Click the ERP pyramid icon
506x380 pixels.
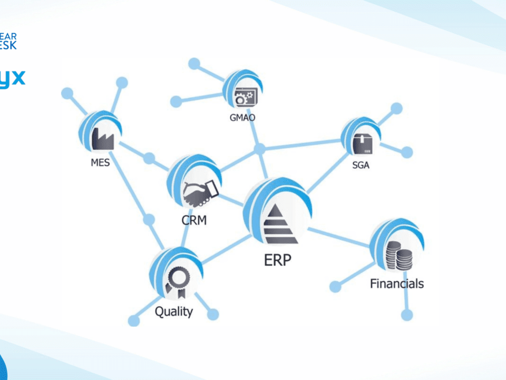coord(280,224)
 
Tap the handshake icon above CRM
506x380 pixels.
coord(200,193)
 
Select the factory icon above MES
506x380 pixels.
coord(102,139)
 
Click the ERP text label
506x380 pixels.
coord(278,260)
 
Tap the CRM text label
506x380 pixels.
coord(194,220)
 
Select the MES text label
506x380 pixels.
coord(100,163)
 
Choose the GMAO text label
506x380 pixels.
coord(242,118)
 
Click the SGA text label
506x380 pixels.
coord(361,165)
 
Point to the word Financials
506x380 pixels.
coord(396,283)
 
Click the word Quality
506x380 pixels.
coord(173,311)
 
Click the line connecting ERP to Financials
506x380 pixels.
coord(340,237)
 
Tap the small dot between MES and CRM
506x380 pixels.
coord(149,158)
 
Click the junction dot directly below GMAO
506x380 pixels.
coord(260,149)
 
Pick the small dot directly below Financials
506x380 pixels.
coord(407,315)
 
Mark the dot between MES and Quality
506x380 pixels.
coord(149,220)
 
